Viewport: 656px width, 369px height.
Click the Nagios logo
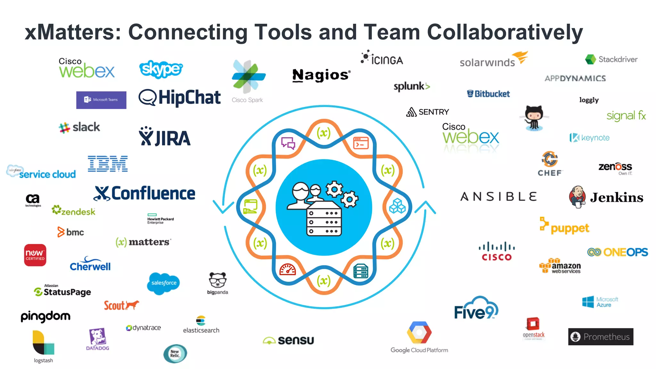click(x=321, y=75)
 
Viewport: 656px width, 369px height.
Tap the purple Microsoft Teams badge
click(x=101, y=100)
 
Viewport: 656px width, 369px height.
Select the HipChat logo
click(x=180, y=97)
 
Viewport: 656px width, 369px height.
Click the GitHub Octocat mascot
click(x=534, y=118)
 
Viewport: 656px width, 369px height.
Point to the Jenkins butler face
click(x=578, y=196)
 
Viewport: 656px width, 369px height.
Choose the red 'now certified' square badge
click(x=35, y=255)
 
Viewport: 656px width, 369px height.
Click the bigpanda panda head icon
click(x=217, y=280)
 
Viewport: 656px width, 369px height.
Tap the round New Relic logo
click(x=175, y=354)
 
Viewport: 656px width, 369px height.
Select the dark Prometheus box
click(x=601, y=337)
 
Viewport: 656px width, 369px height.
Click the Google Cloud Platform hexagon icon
click(x=419, y=332)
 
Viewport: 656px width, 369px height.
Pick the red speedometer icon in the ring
click(x=287, y=270)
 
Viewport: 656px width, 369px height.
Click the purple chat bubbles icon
click(x=288, y=143)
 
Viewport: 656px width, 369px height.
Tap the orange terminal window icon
click(x=361, y=143)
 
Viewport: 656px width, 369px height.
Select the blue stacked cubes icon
click(x=397, y=206)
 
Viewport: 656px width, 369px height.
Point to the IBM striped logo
click(x=108, y=164)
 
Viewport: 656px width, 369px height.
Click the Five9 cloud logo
click(x=476, y=309)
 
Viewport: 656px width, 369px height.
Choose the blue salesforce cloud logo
click(x=164, y=283)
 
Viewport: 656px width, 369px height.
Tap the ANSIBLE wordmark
click(x=498, y=197)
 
